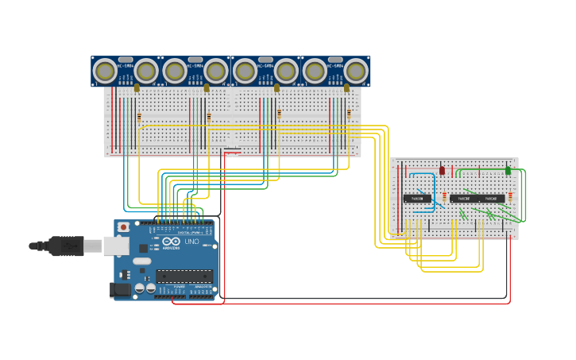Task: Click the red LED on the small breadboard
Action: (x=443, y=170)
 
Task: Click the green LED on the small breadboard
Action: (x=508, y=170)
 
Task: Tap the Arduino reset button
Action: (x=123, y=226)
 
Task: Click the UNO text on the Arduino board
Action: (x=191, y=242)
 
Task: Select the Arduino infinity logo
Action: (x=172, y=242)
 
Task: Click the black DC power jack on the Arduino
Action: (x=120, y=290)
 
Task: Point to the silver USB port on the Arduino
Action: (x=116, y=246)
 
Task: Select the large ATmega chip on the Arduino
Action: (x=184, y=276)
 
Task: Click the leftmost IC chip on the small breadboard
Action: (x=416, y=199)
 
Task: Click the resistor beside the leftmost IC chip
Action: (x=444, y=196)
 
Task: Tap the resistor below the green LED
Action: (x=510, y=195)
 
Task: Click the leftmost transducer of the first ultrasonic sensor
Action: (x=105, y=72)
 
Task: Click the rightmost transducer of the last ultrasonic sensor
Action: (x=356, y=72)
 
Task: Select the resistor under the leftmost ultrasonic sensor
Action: (x=139, y=117)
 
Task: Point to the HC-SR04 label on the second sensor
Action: (x=195, y=66)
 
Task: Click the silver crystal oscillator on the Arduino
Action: (x=142, y=261)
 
